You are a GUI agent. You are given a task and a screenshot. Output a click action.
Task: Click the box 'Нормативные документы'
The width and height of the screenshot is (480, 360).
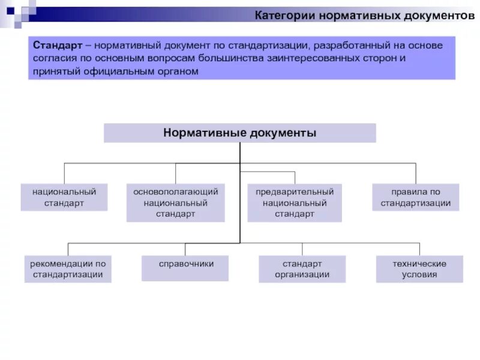point(239,133)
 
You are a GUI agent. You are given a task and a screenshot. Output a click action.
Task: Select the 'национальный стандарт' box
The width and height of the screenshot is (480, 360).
point(64,197)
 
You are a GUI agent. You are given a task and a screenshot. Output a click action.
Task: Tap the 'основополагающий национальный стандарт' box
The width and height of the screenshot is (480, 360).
point(175,203)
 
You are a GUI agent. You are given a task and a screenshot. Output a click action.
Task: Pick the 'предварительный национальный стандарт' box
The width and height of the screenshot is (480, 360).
point(295,203)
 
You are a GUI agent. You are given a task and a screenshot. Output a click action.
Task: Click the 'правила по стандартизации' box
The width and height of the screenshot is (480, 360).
point(415,197)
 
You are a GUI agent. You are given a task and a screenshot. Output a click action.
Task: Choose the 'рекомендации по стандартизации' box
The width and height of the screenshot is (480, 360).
point(68,269)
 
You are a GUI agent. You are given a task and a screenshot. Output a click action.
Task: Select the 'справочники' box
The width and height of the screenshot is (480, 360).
point(185,268)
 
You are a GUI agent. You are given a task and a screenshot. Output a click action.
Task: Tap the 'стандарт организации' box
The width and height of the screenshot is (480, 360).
point(302,269)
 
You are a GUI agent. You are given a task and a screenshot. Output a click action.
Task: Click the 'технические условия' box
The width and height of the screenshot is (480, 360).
point(419,269)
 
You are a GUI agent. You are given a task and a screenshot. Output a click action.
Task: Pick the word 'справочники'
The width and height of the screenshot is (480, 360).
point(185,263)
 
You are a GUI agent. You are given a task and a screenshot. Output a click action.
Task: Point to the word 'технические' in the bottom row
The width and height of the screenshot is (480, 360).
point(419,263)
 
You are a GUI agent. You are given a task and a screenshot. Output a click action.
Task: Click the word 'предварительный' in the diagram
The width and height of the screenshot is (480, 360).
point(295,191)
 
